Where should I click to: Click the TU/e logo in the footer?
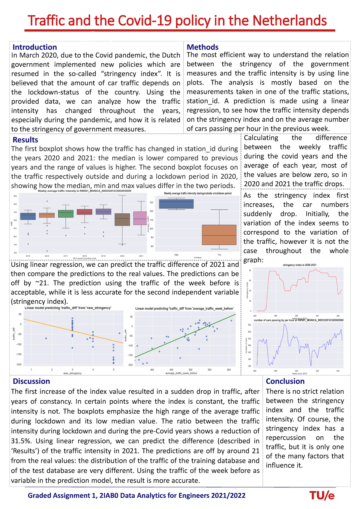pos(322,496)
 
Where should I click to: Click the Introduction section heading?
pos(34,47)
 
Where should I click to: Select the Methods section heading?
pos(202,47)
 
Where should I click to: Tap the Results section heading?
pos(25,140)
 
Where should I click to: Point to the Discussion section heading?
pos(31,381)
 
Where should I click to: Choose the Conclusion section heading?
pos(285,381)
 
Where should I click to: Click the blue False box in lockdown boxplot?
pos(176,204)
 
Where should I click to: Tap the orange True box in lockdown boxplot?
pos(219,235)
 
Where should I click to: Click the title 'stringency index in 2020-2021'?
pos(299,265)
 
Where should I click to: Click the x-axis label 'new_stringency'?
pos(72,373)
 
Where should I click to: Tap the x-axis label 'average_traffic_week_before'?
pos(181,373)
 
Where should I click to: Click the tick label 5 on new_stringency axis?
pos(113,370)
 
